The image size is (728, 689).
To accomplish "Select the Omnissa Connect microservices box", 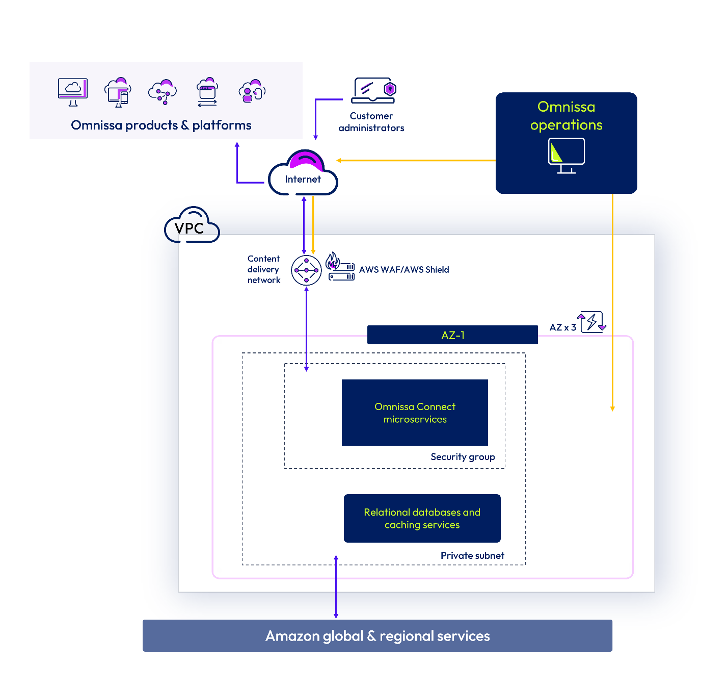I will point(415,413).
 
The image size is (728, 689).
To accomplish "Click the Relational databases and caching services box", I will point(422,518).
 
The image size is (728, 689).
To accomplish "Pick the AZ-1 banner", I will point(452,335).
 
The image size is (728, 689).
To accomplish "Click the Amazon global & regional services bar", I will point(377,635).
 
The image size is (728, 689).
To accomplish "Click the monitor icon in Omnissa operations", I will point(566,155).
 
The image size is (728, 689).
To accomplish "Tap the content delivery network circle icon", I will point(306,270).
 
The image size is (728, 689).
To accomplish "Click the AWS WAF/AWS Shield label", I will point(404,270).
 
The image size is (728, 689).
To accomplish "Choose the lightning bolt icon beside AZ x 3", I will point(591,322).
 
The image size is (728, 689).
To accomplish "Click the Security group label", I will point(463,457).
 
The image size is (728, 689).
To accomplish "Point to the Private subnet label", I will point(472,555).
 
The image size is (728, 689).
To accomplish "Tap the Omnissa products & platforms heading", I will point(161,125).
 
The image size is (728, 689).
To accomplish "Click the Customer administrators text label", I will point(371,122).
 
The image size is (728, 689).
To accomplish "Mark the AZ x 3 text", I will point(562,327).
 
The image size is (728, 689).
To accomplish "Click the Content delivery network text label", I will point(263,269).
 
